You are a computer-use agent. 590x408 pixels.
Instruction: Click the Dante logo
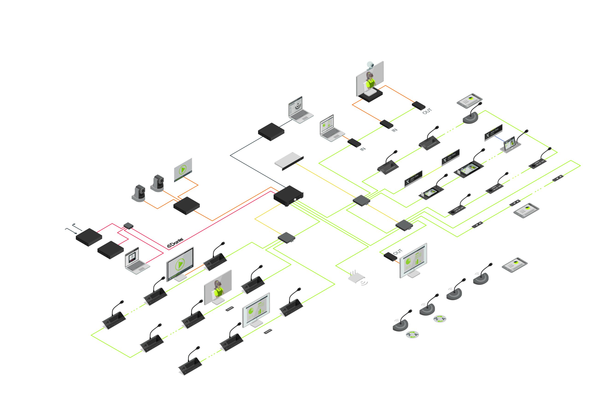pyautogui.click(x=175, y=242)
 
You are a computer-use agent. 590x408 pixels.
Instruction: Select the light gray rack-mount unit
pyautogui.click(x=289, y=160)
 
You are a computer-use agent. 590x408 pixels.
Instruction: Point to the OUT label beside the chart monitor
pyautogui.click(x=398, y=252)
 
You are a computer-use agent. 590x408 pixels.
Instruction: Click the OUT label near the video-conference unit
pyautogui.click(x=427, y=111)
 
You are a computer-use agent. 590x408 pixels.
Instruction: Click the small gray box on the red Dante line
pyautogui.click(x=128, y=225)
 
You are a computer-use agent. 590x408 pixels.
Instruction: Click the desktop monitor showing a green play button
pyautogui.click(x=180, y=264)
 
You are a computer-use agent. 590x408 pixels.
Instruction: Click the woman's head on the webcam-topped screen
pyautogui.click(x=369, y=75)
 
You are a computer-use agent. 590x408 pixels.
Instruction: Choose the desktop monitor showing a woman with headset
pyautogui.click(x=218, y=288)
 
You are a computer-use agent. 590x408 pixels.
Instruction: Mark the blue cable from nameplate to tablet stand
pyautogui.click(x=499, y=138)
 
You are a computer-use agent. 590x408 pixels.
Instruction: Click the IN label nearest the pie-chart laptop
pyautogui.click(x=363, y=149)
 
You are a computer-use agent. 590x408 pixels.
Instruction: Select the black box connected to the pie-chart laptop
pyautogui.click(x=354, y=143)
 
